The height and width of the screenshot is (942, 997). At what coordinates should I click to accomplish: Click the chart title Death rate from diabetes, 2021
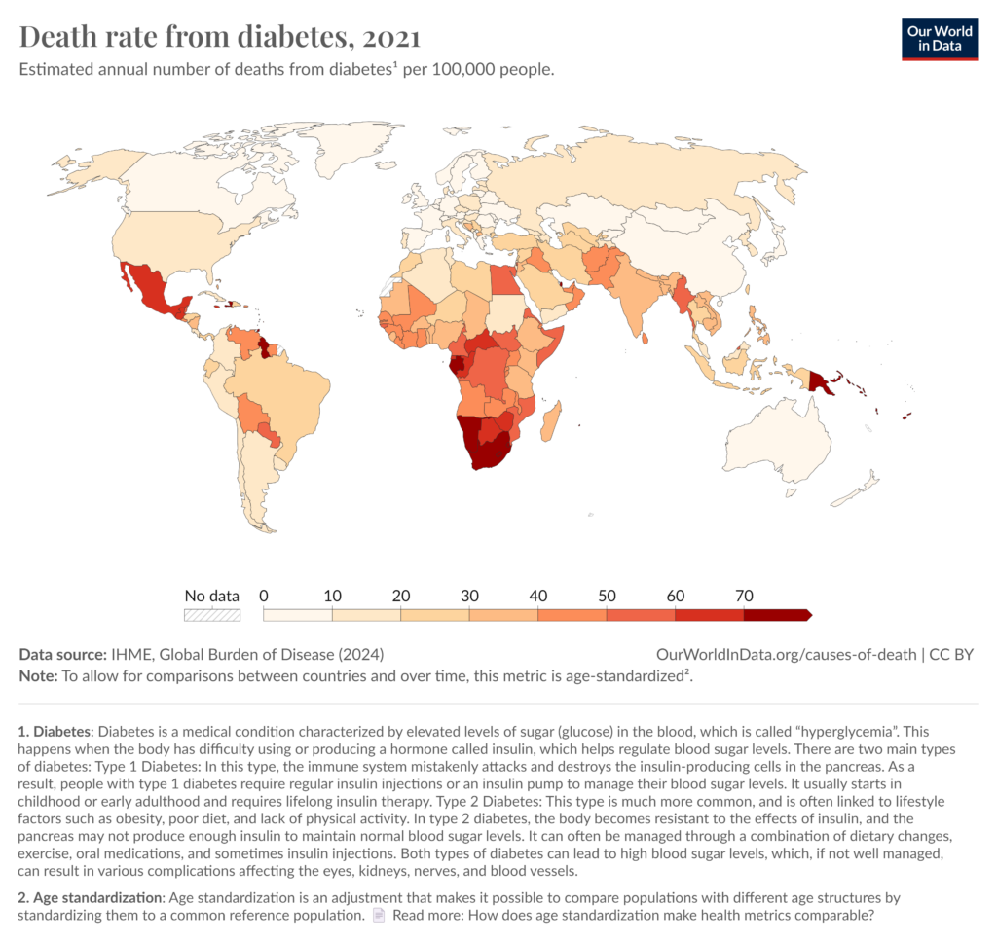pyautogui.click(x=220, y=38)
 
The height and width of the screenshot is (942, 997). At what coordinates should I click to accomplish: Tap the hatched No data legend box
pyautogui.click(x=212, y=614)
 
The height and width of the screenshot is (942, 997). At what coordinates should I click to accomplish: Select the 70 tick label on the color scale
pyautogui.click(x=744, y=595)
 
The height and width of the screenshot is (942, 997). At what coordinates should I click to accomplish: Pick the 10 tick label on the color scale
pyautogui.click(x=333, y=595)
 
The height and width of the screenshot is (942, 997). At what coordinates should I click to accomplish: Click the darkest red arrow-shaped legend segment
pyautogui.click(x=777, y=614)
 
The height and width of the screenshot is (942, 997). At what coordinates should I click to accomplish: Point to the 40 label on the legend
pyautogui.click(x=538, y=595)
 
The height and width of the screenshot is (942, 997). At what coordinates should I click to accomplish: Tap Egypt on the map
pyautogui.click(x=505, y=278)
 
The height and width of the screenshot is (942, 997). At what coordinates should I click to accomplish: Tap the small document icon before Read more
pyautogui.click(x=379, y=915)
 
